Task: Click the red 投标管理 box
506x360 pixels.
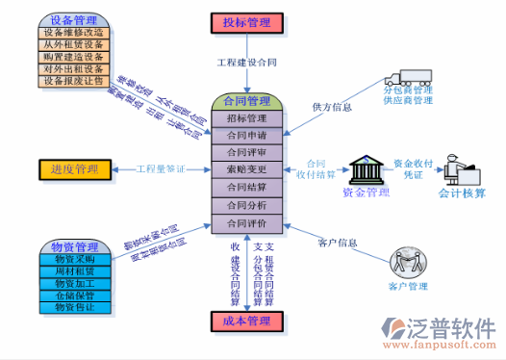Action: (245, 22)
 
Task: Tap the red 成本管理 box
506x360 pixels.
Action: (245, 321)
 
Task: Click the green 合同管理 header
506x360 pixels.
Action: (245, 101)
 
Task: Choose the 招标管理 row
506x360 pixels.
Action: (245, 118)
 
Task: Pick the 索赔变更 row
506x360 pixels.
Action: (245, 170)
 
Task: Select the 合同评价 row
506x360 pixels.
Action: (245, 223)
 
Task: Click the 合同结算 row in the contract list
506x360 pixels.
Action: (245, 188)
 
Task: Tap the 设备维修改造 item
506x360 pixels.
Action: (73, 32)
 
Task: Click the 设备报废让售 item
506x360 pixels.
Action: (73, 82)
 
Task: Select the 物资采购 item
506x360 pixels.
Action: (73, 259)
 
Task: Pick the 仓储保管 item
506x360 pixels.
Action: (73, 296)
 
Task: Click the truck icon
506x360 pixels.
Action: (408, 76)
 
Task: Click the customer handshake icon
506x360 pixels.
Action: (407, 262)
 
